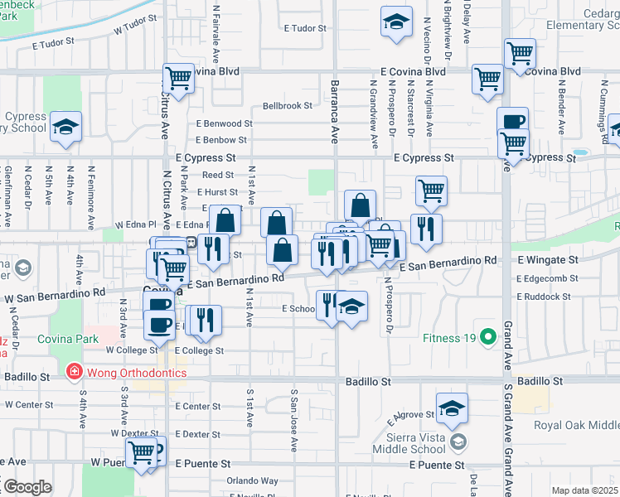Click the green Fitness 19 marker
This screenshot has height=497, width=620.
[489, 338]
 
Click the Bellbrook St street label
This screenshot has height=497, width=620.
[288, 106]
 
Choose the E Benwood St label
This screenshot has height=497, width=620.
[224, 123]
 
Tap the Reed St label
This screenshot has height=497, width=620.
[218, 175]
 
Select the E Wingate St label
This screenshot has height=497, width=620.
[546, 259]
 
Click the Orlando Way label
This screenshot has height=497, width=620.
[253, 480]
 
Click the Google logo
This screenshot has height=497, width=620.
[27, 487]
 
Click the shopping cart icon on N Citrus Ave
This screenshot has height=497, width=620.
[178, 79]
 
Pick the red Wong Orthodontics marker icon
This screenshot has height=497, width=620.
[74, 372]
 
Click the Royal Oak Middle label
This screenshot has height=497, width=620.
[576, 426]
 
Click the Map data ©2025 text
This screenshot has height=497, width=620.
[584, 490]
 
